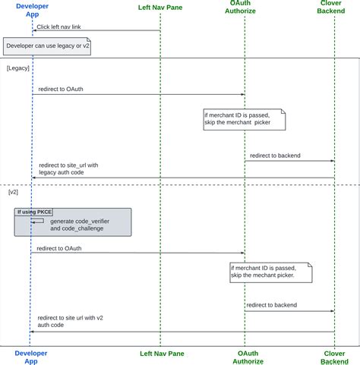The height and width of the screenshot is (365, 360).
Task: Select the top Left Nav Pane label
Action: coord(159,9)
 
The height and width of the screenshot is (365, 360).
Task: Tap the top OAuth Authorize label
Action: coord(245,9)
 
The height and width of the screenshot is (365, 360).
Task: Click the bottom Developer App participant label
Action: coord(31,357)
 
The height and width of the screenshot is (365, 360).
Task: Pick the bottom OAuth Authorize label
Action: coord(245,357)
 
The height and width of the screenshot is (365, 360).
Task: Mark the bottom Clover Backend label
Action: coord(334,357)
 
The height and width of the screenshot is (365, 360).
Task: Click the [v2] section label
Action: coord(14,193)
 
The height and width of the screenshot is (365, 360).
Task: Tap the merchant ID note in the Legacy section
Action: coord(242,119)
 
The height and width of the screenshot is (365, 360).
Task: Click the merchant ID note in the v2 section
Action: coord(270,272)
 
